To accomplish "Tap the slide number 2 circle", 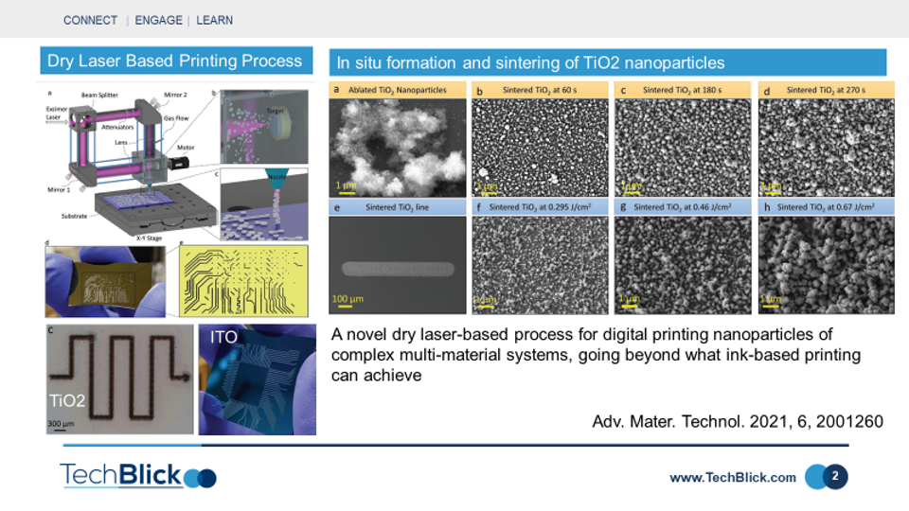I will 834,476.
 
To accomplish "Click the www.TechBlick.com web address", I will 732,478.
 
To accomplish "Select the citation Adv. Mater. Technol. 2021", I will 738,421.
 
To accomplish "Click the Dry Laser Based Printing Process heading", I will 175,62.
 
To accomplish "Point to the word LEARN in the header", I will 214,20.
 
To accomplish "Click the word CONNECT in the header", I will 91,20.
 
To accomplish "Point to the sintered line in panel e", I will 396,268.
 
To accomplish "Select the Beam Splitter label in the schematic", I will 100,96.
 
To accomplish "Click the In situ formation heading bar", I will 607,63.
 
